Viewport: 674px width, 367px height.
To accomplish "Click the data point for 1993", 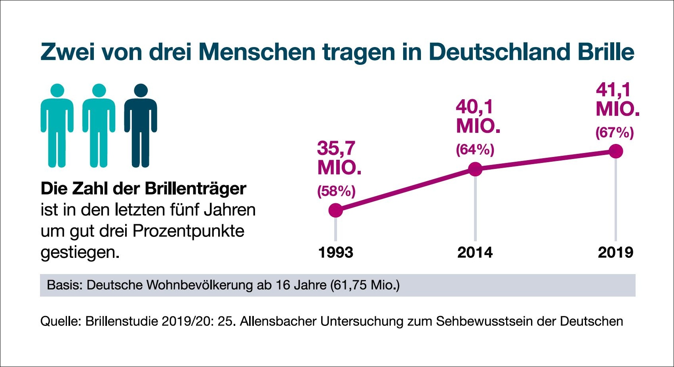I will click(x=335, y=210).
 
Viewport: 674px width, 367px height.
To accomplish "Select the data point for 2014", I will click(x=475, y=169).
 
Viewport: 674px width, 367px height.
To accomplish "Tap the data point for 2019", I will click(x=615, y=151).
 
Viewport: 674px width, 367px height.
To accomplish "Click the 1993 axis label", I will click(x=335, y=252).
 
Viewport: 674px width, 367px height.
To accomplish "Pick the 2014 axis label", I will click(x=475, y=252).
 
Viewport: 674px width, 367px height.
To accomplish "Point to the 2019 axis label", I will click(x=615, y=252).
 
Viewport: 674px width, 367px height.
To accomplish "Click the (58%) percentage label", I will click(x=336, y=191).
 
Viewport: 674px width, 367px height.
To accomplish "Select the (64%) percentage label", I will click(x=475, y=150).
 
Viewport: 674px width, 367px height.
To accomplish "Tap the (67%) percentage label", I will click(x=615, y=132).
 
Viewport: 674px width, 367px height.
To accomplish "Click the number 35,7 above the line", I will click(x=336, y=149).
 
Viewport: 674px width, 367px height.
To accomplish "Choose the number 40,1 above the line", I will click(x=474, y=107).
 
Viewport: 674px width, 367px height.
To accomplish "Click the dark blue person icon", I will click(x=141, y=131).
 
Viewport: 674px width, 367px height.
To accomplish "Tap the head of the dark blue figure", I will click(x=141, y=91).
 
